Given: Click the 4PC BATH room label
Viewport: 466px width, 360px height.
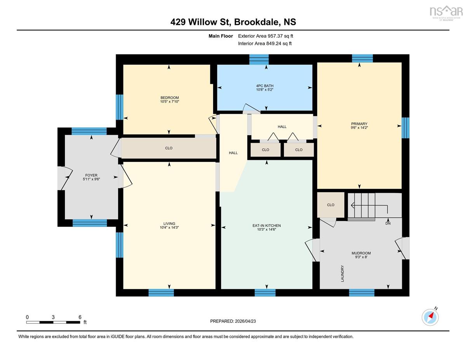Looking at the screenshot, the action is [264, 86].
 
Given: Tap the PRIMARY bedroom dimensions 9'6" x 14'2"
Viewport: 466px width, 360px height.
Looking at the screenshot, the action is [359, 128].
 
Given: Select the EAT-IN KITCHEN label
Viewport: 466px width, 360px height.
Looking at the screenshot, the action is [266, 226].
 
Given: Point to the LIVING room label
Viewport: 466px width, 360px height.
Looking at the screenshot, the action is [169, 224].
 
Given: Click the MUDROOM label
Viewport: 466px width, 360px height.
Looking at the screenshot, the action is [361, 253].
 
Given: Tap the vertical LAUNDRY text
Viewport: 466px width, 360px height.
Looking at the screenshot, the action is [342, 273].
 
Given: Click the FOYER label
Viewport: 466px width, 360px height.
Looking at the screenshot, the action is [91, 175].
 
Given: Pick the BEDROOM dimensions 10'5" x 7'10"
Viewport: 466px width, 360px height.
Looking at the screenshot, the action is [169, 101].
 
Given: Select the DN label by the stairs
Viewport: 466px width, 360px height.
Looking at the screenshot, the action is [388, 223].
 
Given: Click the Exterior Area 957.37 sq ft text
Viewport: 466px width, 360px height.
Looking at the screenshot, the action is [266, 36].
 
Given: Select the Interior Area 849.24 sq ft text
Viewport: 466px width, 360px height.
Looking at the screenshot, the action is [265, 43].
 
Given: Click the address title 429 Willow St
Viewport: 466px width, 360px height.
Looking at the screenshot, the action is [200, 22].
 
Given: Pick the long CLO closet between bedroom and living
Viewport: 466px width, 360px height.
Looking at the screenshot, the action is [169, 148].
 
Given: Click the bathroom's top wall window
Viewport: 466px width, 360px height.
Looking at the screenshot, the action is [259, 59].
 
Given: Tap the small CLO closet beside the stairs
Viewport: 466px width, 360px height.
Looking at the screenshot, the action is [331, 205].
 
